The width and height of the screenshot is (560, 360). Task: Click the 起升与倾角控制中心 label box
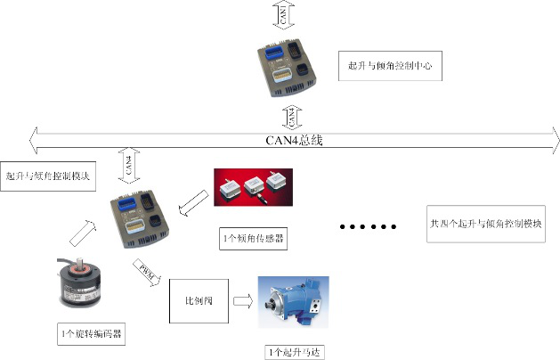[390, 67]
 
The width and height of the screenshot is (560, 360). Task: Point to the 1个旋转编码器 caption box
[89, 335]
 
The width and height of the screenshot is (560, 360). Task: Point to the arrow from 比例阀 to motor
[241, 301]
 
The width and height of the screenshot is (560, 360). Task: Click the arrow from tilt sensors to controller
[192, 209]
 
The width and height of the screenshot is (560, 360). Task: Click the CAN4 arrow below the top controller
[291, 116]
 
